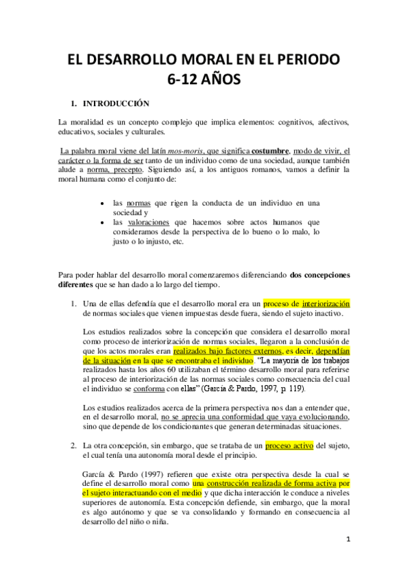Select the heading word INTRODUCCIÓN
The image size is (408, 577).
pyautogui.click(x=116, y=104)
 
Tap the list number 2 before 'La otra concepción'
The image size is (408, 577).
pyautogui.click(x=74, y=446)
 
